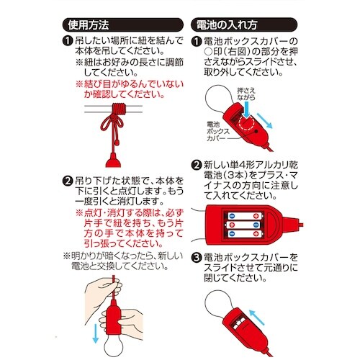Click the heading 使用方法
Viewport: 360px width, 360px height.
pos(89,25)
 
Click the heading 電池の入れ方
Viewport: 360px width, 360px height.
pos(227,25)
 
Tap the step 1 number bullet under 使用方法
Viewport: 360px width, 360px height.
pos(68,41)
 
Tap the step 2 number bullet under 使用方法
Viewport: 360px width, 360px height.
pos(68,181)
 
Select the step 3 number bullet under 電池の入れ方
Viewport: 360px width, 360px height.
pos(197,258)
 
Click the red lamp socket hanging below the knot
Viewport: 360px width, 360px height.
pos(113,161)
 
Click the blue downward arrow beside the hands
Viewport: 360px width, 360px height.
pos(96,333)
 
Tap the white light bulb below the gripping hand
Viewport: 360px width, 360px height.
pos(113,346)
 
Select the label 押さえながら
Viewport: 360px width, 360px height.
pos(246,94)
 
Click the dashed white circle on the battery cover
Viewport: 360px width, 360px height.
pos(247,124)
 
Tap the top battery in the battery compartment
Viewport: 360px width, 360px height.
pos(245,216)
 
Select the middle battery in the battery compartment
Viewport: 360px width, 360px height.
pos(245,225)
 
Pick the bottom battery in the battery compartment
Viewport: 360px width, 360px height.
pos(245,234)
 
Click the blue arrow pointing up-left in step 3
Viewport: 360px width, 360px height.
pos(257,318)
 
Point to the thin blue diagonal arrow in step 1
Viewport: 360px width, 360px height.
pos(264,121)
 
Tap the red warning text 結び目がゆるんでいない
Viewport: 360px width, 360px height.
pos(130,84)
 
